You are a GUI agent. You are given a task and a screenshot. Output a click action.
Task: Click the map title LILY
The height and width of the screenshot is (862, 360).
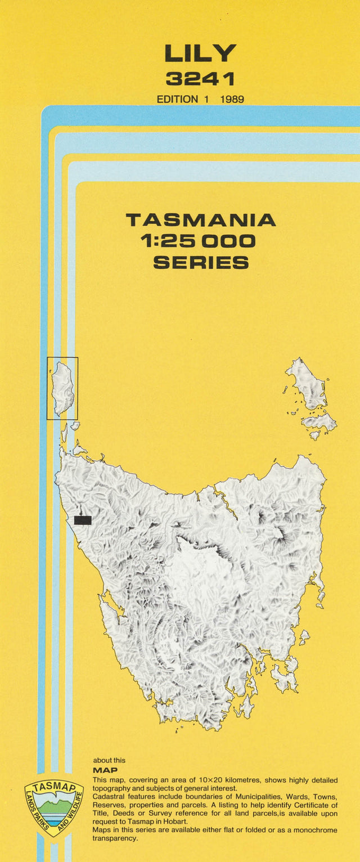(200, 53)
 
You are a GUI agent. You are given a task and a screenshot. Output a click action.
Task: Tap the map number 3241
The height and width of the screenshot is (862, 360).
(200, 78)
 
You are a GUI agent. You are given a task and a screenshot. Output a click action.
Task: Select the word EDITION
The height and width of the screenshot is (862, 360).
(178, 99)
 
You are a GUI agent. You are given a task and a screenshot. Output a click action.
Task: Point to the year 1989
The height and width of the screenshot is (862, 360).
(232, 99)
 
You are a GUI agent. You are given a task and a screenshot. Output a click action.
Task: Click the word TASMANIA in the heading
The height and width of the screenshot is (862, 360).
(201, 219)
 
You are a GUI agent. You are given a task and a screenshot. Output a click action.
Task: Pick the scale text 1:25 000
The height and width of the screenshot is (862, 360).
(198, 241)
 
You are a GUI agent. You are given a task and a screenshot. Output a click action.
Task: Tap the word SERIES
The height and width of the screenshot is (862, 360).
(201, 263)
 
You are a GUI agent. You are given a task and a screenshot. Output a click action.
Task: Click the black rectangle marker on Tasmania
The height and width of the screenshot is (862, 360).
(83, 520)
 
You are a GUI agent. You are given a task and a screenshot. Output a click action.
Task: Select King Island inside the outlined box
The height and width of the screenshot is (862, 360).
(62, 388)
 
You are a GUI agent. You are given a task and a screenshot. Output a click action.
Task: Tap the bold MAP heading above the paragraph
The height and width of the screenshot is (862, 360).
(105, 770)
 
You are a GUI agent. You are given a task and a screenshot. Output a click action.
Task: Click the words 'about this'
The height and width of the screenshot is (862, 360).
(109, 760)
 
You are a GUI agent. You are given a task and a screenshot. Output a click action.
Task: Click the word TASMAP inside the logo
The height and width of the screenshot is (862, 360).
(54, 788)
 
